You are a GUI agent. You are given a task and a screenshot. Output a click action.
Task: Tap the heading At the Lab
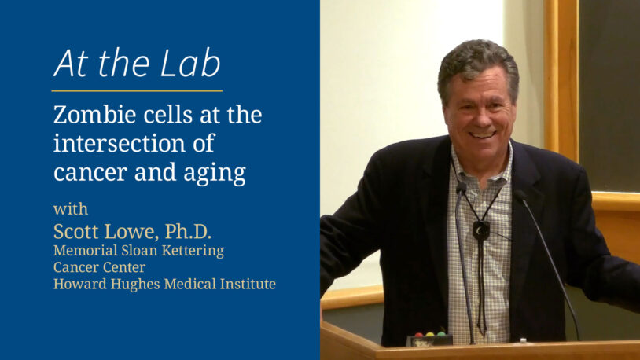point(137,64)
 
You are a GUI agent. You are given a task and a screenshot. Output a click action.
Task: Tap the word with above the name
point(71,210)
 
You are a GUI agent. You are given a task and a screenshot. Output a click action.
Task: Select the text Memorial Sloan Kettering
point(138,251)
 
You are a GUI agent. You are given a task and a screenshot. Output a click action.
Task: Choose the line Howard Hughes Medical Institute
point(164,284)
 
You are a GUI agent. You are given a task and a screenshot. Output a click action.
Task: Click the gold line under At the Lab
point(137,91)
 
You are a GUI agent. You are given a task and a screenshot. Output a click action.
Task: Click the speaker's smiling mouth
point(482,133)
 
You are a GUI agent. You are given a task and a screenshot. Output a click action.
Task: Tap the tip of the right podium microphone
point(520,193)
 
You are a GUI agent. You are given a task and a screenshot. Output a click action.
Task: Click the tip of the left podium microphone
point(460,189)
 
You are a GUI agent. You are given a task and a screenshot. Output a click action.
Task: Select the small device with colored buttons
point(429,338)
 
